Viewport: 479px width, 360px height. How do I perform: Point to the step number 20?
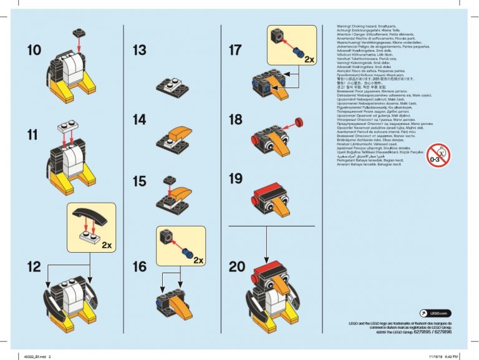point(237,267)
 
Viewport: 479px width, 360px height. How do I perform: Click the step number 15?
point(140,181)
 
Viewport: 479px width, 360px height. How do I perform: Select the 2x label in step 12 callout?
point(107,245)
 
